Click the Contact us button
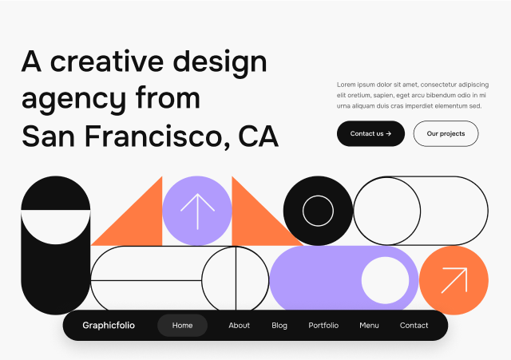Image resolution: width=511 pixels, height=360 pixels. coord(370,133)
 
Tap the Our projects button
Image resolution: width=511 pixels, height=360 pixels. coord(446,133)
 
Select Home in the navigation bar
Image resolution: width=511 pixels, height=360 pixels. coord(182,326)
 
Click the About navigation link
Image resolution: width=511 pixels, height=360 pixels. coord(239,326)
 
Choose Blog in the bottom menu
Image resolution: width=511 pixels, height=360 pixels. coord(279,326)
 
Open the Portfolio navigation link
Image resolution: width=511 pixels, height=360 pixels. coord(323,326)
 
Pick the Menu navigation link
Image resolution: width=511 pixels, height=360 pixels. coord(369,326)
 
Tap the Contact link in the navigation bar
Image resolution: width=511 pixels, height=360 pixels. coord(414,326)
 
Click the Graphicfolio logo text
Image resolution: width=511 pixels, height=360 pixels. coord(109,326)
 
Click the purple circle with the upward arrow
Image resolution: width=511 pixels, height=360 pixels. coord(196,211)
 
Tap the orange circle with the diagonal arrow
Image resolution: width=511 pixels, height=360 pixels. coord(454,280)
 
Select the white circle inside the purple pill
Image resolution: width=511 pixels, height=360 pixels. coord(385,280)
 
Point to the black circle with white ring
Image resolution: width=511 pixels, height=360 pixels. coord(318,211)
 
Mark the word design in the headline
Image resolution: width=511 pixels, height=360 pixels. coord(221,62)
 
